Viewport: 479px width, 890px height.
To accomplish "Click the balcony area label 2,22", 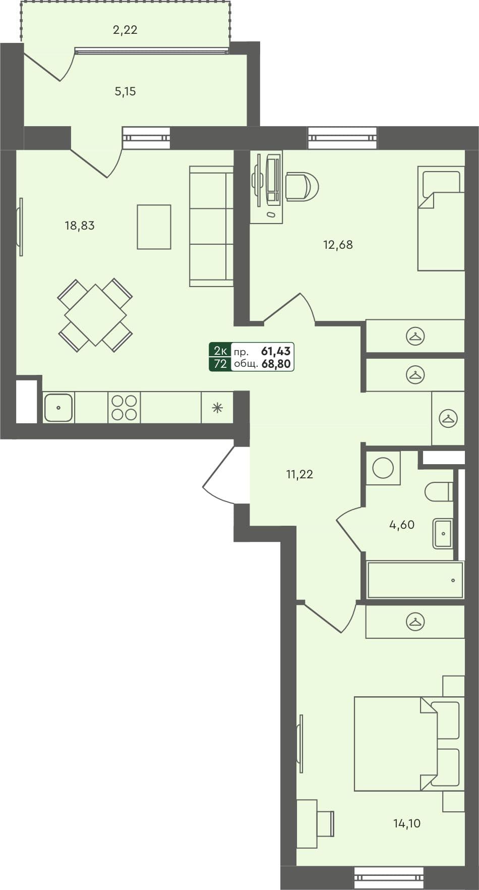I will pos(125,30).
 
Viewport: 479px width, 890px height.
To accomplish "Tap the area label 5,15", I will pos(125,91).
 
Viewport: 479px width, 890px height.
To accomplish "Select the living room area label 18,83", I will pos(80,226).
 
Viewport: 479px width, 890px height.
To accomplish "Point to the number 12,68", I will pos(338,245).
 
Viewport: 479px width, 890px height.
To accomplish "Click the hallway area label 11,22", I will pos(300,474).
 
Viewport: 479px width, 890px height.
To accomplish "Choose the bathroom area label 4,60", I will pos(402,525).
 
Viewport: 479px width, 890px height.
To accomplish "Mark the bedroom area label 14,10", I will pos(407,823).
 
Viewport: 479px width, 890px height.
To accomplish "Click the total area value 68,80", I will pos(276,363).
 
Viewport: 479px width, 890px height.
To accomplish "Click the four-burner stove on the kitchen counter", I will pos(124,408).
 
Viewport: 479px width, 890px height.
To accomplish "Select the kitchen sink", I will pos(58,408).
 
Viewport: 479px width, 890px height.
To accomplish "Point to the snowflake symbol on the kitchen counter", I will pos(217,408).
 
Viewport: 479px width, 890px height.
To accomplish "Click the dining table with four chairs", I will pos(95,315).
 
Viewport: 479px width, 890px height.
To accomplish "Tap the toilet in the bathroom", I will pos(438,491).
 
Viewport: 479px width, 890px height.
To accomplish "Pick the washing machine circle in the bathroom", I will pos(383,468).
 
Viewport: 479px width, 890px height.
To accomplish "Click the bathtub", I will pos(414,580).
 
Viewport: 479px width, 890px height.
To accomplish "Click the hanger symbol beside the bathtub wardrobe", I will pos(415,622).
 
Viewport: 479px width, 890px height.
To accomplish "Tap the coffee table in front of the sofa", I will pos(154,227).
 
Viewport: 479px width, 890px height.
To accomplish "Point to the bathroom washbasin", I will pos(443,533).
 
